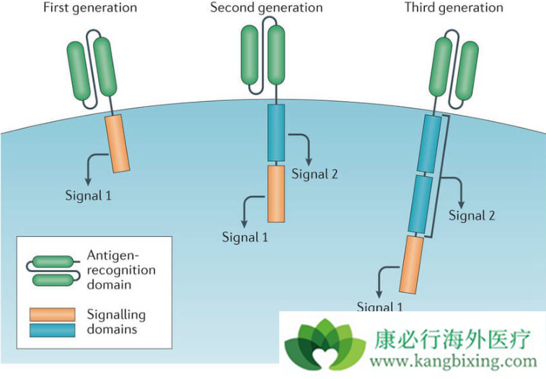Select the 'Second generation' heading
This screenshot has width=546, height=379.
click(266, 8)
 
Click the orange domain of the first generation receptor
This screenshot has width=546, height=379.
click(118, 142)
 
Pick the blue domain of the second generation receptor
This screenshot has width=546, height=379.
click(276, 132)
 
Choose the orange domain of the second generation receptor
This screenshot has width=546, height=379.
click(276, 193)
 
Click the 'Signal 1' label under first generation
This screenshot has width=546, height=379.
click(88, 195)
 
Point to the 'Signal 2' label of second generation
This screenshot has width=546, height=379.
click(314, 174)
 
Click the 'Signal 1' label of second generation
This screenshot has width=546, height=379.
click(245, 237)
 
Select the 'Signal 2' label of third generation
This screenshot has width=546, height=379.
click(472, 215)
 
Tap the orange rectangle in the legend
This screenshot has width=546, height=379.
click(52, 315)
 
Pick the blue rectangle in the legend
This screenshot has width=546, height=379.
click(52, 330)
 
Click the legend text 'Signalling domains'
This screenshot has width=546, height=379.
click(115, 322)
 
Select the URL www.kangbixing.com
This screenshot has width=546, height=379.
click(454, 362)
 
